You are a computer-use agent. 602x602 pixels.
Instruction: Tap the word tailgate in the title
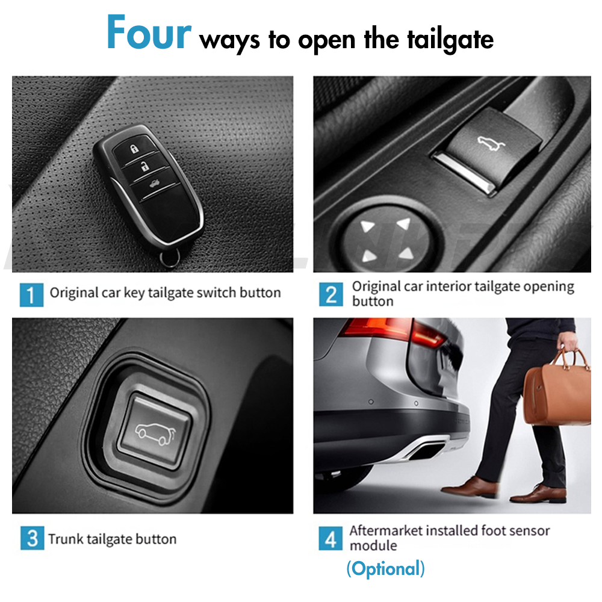point(450,40)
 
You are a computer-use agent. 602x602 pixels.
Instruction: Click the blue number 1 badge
point(31,295)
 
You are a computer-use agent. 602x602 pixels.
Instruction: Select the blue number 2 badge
point(331,295)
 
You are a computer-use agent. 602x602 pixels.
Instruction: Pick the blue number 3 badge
point(33,538)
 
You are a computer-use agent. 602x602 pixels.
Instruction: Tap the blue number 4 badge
point(330,538)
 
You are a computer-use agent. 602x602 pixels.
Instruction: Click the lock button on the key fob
point(134,149)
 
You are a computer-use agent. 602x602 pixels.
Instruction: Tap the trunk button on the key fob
point(154,185)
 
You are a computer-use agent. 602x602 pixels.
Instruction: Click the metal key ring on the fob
point(170,258)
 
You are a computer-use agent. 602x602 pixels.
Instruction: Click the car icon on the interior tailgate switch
point(491,144)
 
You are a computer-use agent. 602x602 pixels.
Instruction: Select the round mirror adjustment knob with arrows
point(387,240)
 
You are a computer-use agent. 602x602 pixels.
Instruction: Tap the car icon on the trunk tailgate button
point(155,434)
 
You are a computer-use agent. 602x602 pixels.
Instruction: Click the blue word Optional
point(386,569)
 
